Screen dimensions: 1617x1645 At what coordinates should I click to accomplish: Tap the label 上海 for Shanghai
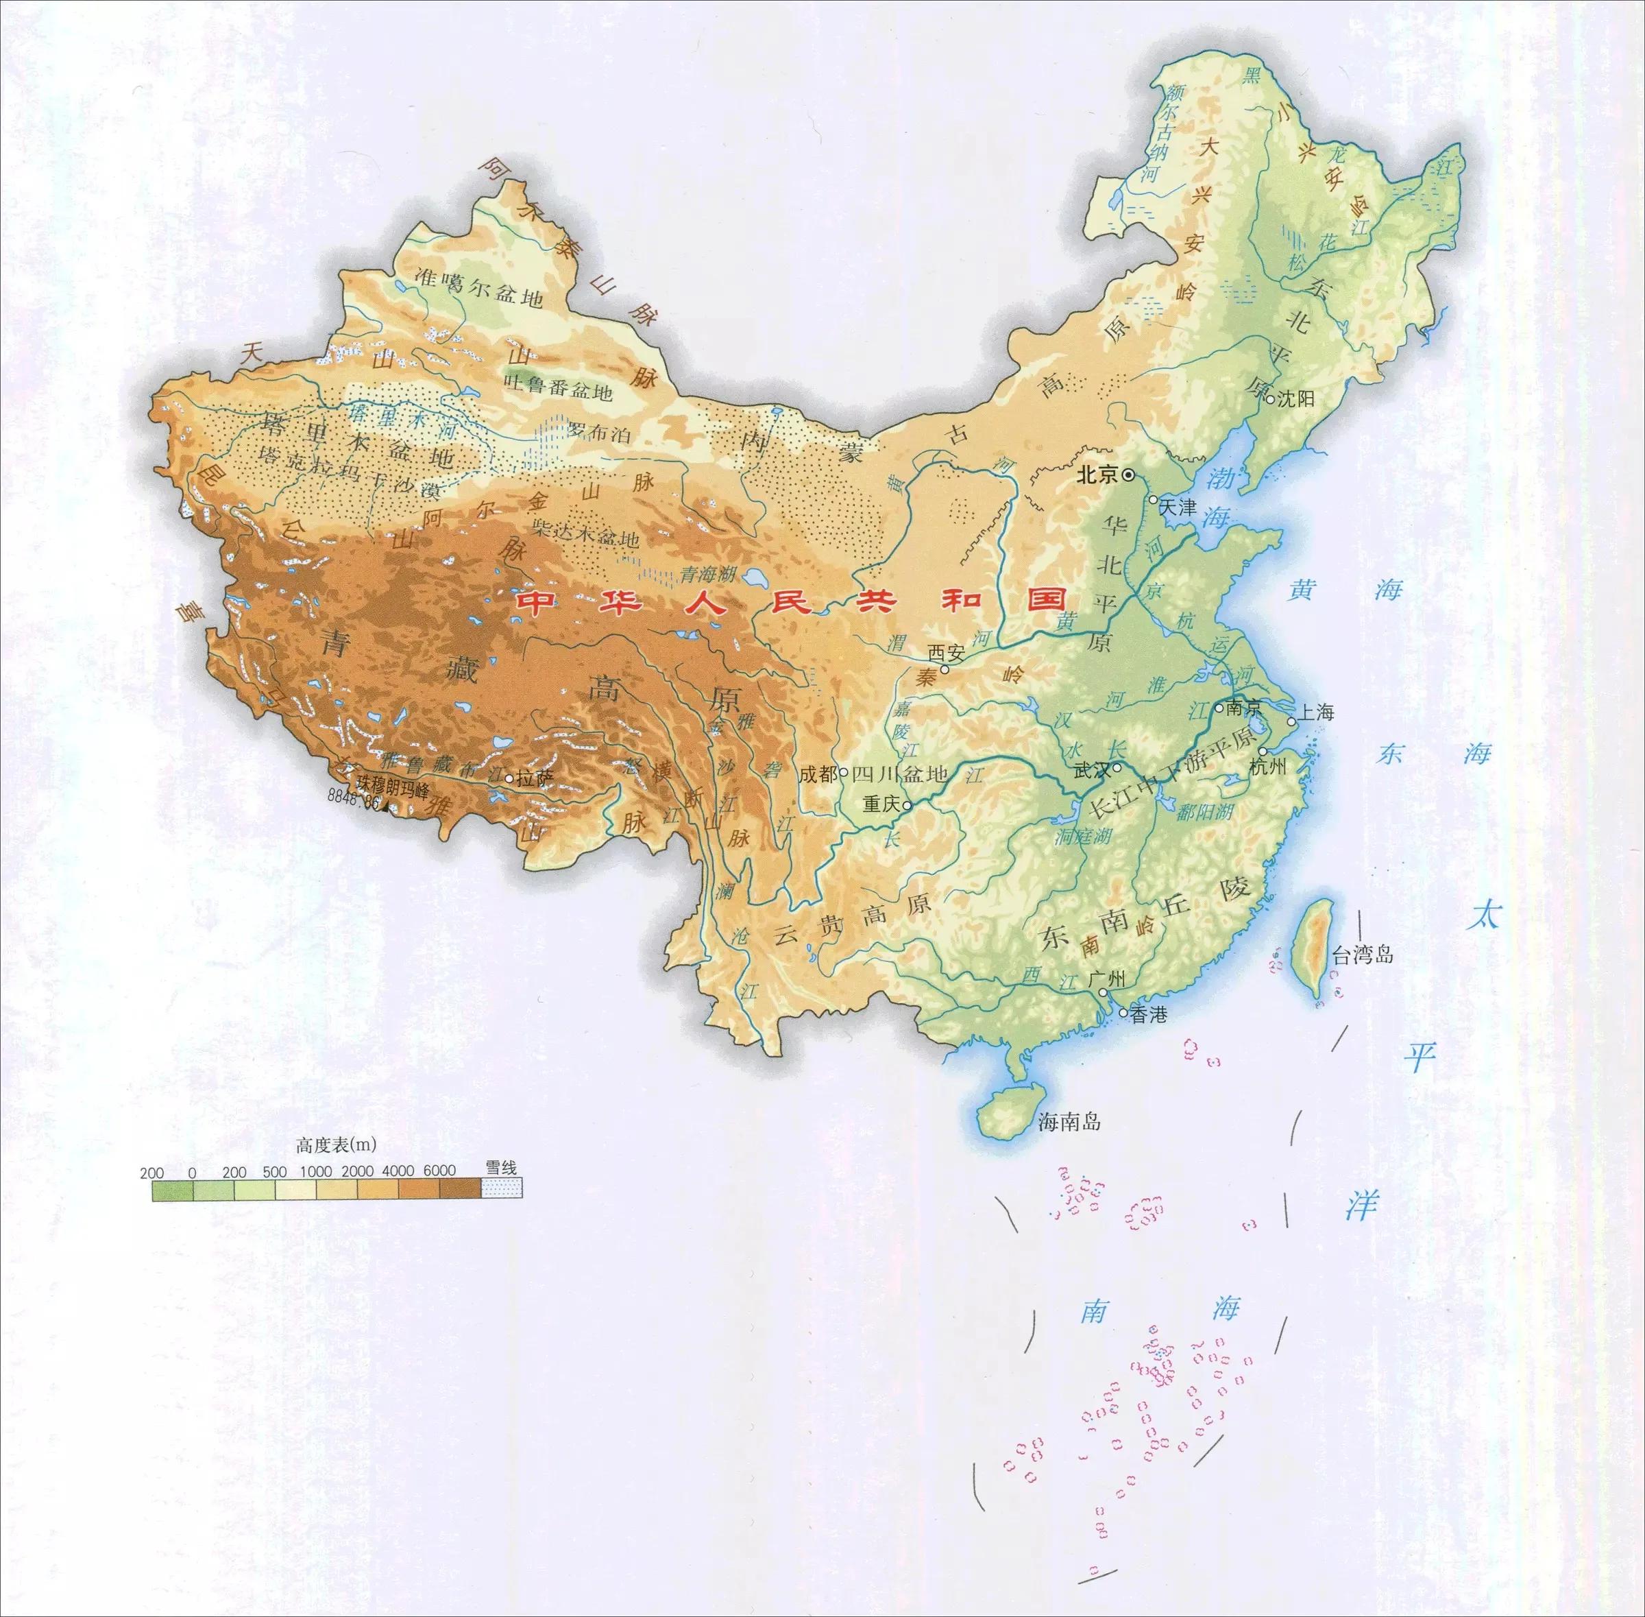pyautogui.click(x=1315, y=712)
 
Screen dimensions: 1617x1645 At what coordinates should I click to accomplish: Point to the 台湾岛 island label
pyautogui.click(x=1363, y=955)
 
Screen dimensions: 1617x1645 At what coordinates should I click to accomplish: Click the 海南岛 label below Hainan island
pyautogui.click(x=1069, y=1122)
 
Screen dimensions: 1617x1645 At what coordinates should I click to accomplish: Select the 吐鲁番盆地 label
pyautogui.click(x=558, y=392)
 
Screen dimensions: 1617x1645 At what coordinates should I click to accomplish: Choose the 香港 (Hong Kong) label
pyautogui.click(x=1149, y=1014)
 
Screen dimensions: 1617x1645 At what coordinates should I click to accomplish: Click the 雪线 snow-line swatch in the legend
pyautogui.click(x=501, y=1186)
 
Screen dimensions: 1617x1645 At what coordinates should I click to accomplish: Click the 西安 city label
pyautogui.click(x=947, y=652)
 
